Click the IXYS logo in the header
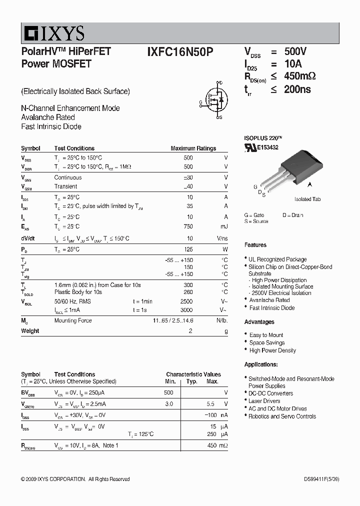point(53,33)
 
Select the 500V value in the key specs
point(295,52)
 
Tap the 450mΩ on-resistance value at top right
point(300,76)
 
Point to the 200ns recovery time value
point(297,89)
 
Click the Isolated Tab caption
point(307,199)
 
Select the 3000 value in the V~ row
point(186,310)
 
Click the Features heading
point(255,245)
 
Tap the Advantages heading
point(259,322)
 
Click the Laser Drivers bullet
point(264,401)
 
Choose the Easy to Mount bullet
point(266,335)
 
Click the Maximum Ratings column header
point(193,148)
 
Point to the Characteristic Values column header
point(193,374)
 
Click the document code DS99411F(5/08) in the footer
point(321,479)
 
